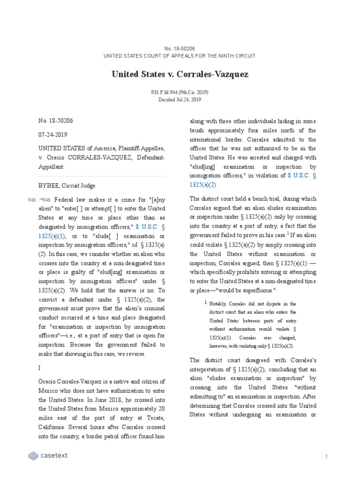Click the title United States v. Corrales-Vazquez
[x=180, y=74]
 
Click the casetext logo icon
[x=33, y=456]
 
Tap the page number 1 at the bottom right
[x=325, y=457]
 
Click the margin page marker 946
[x=32, y=200]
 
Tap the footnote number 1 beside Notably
[x=205, y=303]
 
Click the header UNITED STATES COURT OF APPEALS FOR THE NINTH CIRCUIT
[x=180, y=56]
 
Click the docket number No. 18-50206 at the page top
[x=180, y=48]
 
